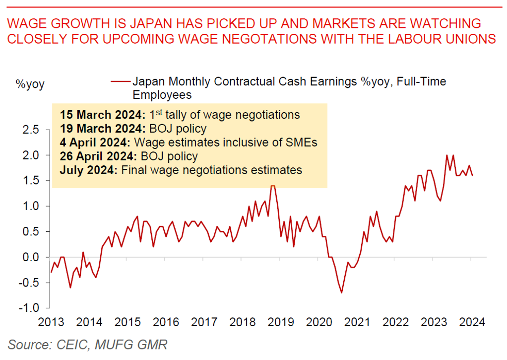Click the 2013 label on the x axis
click(x=51, y=322)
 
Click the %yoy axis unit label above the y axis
click(x=29, y=84)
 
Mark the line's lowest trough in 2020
click(x=342, y=292)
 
